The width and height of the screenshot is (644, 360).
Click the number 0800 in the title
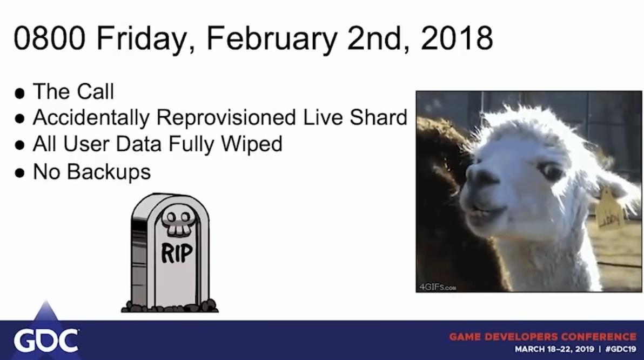pos(49,38)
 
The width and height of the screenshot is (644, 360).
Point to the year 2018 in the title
pos(457,38)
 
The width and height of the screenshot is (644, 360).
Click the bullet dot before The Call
pos(19,94)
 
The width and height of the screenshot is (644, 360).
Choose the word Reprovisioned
pos(226,118)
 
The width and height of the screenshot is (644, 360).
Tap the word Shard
pos(378,117)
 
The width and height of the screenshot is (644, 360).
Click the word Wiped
pos(251,145)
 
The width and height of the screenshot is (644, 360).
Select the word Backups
pos(109,172)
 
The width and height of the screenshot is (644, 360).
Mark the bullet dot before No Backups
pos(19,174)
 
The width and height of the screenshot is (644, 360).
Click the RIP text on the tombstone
pos(177,253)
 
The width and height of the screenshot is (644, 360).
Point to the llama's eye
pos(551,171)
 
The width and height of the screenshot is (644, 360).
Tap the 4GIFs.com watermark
pos(438,287)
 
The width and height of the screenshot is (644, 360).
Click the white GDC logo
pos(46,340)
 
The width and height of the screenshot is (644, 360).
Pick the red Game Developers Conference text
pos(542,337)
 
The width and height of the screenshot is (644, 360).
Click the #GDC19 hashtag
pos(621,349)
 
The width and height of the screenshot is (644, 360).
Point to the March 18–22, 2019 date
pos(554,349)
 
